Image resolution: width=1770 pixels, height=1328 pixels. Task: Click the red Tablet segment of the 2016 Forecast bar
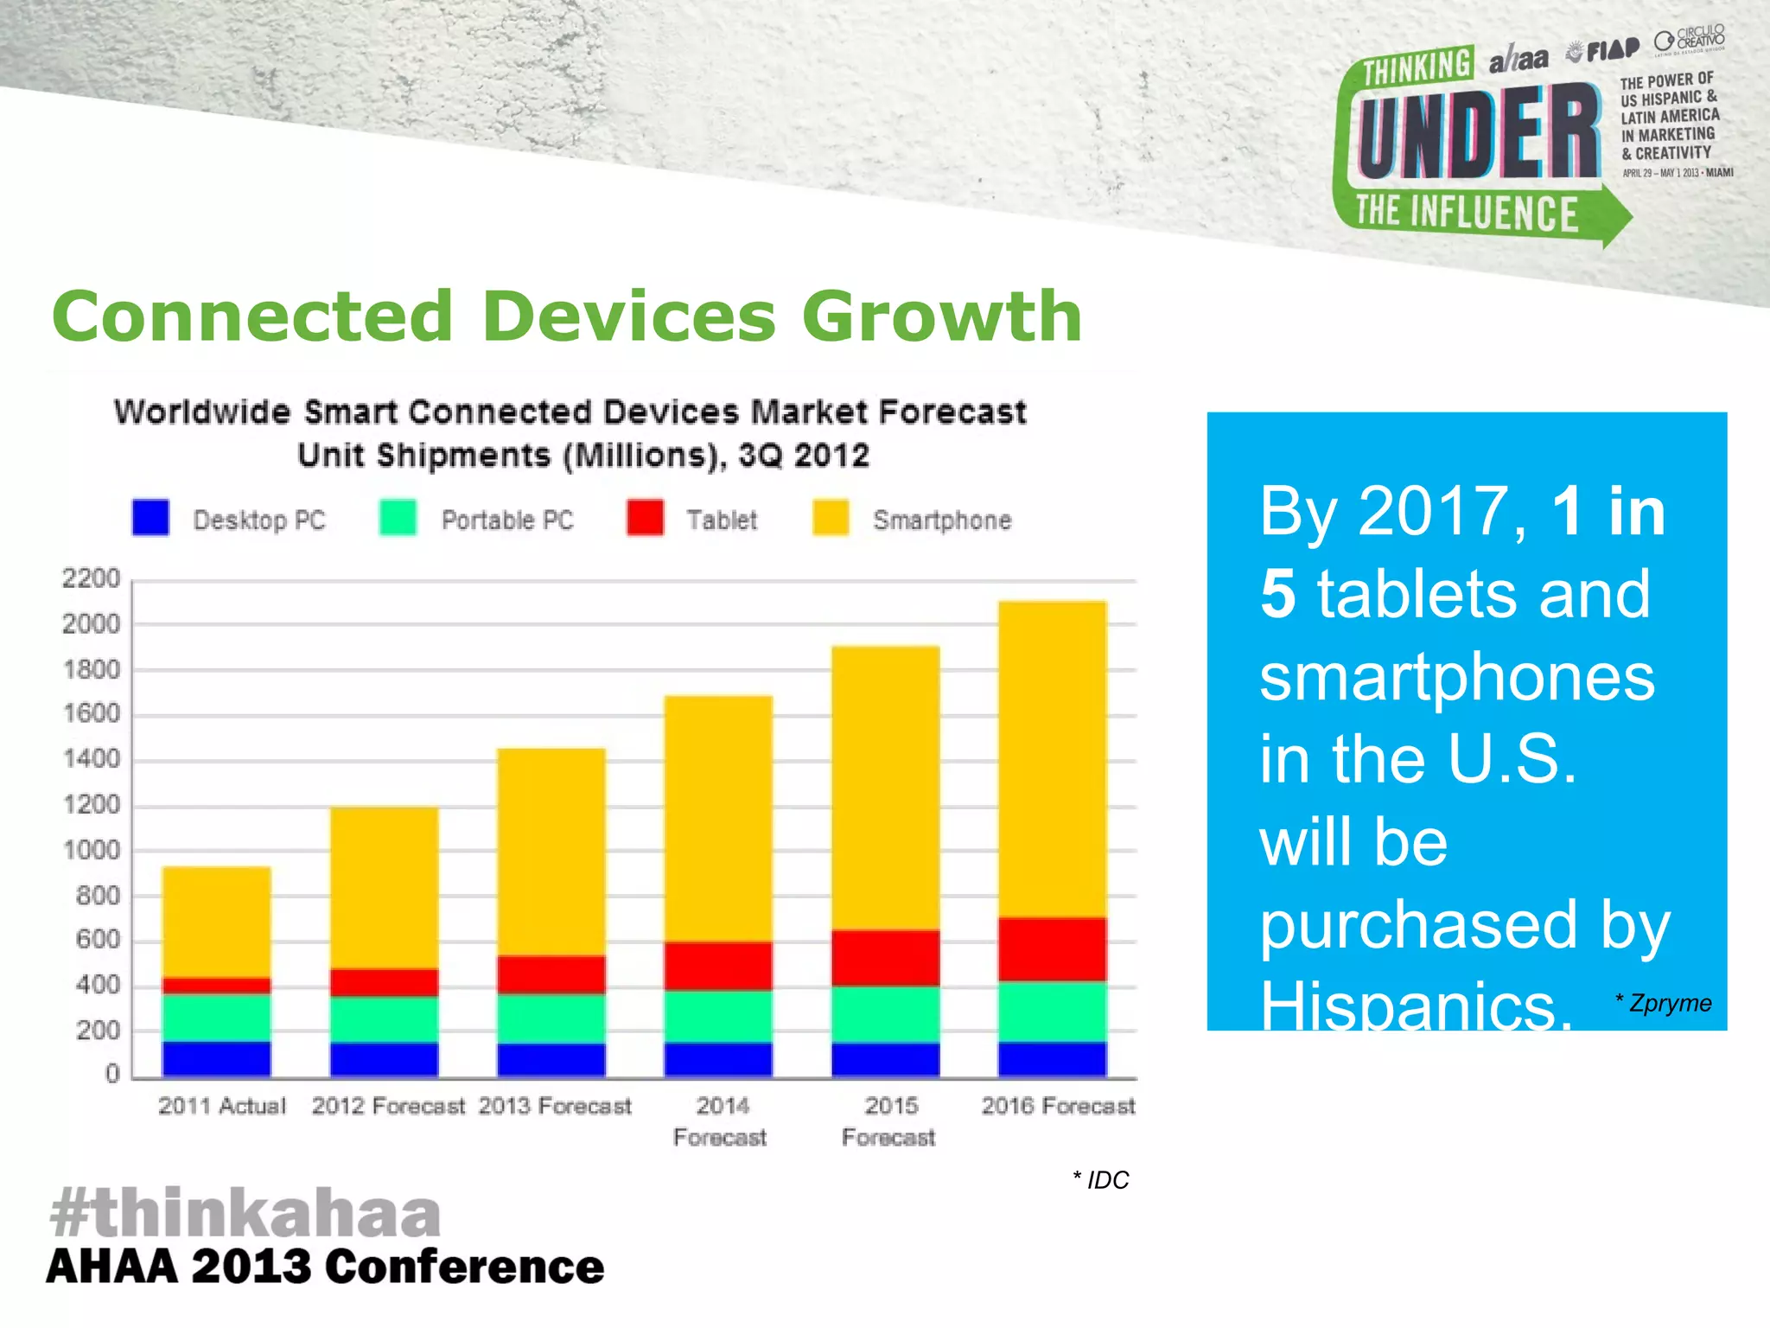coord(1052,949)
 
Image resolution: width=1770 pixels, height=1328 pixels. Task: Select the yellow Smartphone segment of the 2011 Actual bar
coord(216,922)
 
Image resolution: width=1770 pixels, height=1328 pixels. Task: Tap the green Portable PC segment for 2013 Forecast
coord(551,1018)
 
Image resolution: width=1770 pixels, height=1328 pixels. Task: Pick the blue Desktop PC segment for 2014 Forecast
coord(717,1059)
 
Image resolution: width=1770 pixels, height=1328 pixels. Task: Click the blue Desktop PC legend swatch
coord(150,518)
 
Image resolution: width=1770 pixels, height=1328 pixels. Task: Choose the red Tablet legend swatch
coord(645,518)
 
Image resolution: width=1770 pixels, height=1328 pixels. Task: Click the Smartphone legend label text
coord(941,520)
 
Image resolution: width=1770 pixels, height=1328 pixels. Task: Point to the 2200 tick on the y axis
coord(91,578)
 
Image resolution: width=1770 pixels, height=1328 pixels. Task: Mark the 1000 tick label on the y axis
coord(91,850)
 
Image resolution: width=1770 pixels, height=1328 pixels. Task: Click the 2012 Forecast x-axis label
coord(388,1106)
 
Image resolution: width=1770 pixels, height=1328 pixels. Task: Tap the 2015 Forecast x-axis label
coord(889,1121)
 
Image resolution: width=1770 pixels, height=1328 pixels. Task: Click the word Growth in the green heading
coord(942,316)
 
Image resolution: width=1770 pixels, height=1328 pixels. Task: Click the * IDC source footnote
coord(1101,1180)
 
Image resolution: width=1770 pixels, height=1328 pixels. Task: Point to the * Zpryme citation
coord(1664,1003)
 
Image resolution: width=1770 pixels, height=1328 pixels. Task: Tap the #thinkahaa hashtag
coord(245,1212)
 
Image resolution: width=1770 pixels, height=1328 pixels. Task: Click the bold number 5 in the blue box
coord(1277,594)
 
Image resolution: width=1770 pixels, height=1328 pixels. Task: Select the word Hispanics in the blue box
coord(1414,1006)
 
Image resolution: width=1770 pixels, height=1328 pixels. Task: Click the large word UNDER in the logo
coord(1478,132)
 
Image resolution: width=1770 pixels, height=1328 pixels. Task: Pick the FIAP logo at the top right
coord(1605,51)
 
